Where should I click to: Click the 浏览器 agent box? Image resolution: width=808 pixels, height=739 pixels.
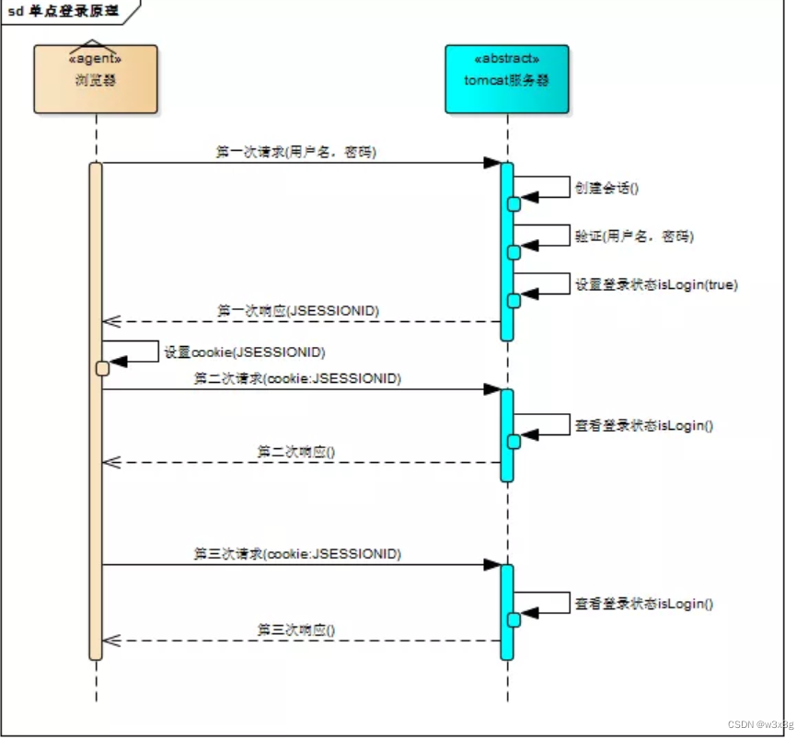96,80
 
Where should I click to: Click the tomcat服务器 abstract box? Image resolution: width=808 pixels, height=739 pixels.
505,79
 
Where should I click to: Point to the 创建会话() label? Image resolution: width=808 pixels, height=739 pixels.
606,188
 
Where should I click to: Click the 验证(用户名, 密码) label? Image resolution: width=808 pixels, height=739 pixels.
634,237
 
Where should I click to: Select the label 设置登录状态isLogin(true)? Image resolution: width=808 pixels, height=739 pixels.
655,284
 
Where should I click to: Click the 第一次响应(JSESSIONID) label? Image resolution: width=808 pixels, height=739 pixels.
297,310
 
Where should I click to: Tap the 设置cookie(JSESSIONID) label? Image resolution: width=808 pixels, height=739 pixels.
244,352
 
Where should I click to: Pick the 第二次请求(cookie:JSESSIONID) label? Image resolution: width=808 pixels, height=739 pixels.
297,377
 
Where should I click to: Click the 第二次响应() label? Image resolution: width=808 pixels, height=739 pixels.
295,451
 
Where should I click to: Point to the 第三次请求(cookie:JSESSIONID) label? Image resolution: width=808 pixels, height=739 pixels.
297,553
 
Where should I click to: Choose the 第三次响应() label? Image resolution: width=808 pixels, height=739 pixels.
295,629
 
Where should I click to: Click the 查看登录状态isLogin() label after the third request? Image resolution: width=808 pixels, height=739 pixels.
644,604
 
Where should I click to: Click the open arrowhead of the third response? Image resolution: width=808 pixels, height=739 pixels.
111,641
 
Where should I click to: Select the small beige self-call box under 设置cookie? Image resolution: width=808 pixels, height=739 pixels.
103,368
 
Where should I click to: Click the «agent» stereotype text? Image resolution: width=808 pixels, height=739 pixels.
96,59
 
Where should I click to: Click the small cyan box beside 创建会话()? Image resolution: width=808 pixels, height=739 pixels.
514,203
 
